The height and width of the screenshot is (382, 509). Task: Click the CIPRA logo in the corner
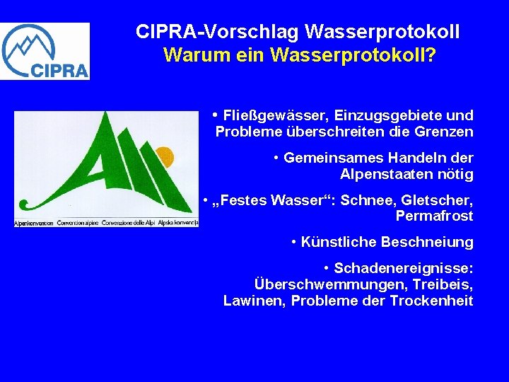[45, 51]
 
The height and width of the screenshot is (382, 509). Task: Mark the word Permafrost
[434, 216]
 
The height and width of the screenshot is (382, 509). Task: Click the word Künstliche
[339, 243]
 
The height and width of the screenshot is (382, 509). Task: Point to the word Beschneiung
[427, 243]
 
